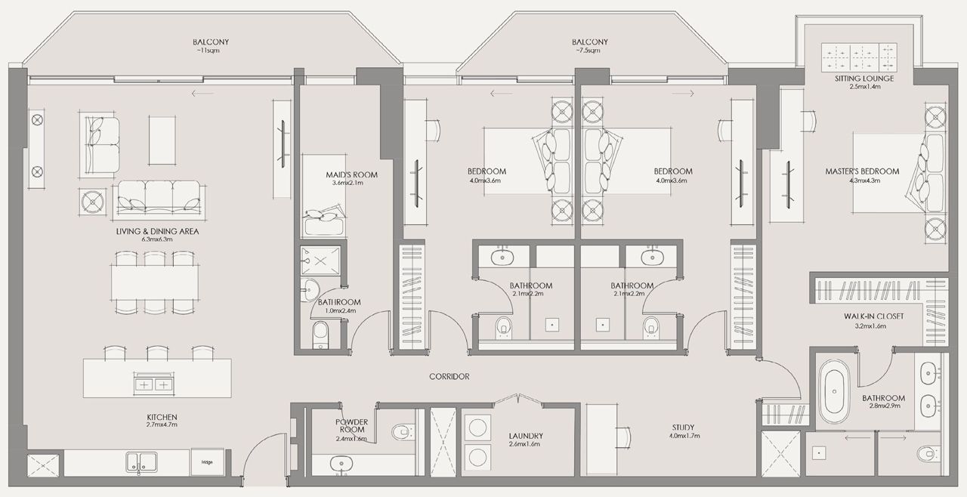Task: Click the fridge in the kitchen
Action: (206, 461)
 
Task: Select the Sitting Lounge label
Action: (864, 79)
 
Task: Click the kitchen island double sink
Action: (153, 384)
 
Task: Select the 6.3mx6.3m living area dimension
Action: (157, 239)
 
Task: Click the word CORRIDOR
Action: (450, 376)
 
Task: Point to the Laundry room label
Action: (526, 436)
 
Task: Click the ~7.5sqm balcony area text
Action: (589, 51)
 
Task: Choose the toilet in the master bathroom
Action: (928, 453)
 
